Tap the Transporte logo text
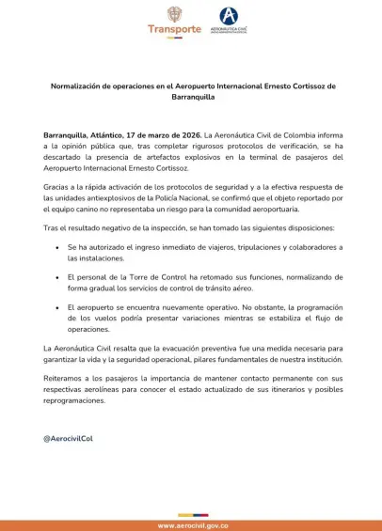tap(174, 29)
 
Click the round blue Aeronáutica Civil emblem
tap(229, 15)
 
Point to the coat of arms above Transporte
tap(174, 13)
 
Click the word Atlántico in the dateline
tap(111, 135)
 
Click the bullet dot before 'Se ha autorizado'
tap(58, 247)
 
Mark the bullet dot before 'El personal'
tap(58, 278)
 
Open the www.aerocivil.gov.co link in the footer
tap(191, 525)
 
